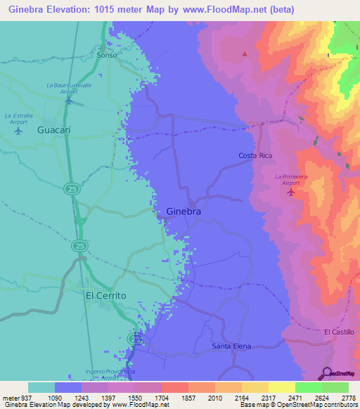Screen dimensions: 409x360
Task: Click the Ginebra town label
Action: (x=184, y=211)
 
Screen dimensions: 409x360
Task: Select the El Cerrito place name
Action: (x=105, y=296)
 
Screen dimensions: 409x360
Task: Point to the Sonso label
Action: (x=107, y=55)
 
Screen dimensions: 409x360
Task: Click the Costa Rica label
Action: (x=255, y=155)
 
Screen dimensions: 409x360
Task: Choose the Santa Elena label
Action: (x=231, y=346)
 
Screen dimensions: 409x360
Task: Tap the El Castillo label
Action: (x=339, y=331)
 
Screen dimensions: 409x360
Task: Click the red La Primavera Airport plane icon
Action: (x=291, y=191)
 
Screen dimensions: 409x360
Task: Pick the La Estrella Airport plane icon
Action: (x=18, y=130)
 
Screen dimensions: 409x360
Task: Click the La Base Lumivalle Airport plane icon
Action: (x=68, y=100)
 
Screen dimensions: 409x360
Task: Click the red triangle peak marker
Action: (x=245, y=54)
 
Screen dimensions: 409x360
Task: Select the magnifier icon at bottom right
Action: (x=327, y=373)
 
